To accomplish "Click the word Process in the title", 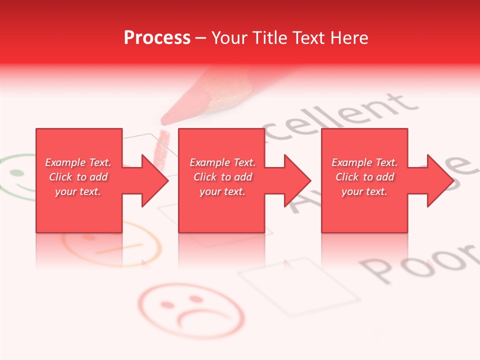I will (157, 38).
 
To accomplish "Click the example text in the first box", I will (78, 177).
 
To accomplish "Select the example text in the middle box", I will (222, 177).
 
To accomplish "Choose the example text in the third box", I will (364, 177).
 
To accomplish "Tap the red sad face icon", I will (191, 310).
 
